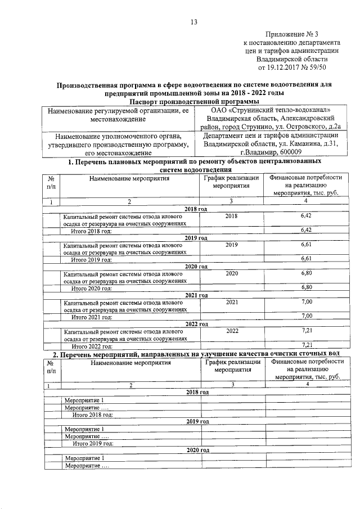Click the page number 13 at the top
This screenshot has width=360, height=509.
194,22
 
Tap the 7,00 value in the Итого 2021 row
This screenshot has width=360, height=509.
307,316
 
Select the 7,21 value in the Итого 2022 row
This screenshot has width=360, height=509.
307,345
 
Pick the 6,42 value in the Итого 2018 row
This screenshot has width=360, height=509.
307,230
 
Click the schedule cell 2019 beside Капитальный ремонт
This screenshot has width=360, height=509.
231,245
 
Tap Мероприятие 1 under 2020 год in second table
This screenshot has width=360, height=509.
84,458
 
